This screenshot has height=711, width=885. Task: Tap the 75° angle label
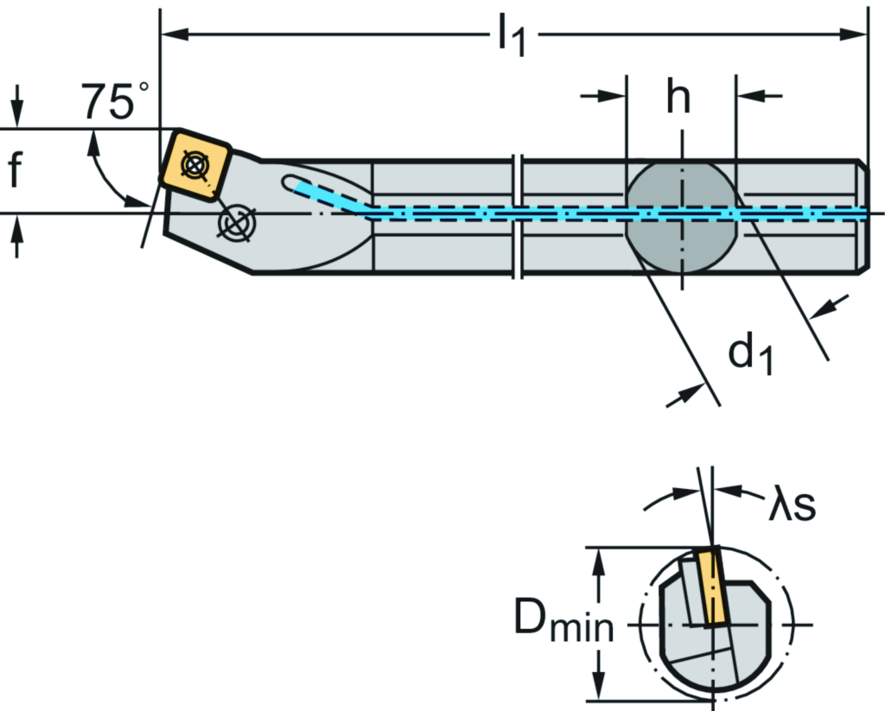click(115, 102)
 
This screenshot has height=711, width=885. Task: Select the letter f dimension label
click(16, 170)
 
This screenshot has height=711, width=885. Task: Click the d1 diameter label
click(748, 353)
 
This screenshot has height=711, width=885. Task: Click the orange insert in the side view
click(195, 164)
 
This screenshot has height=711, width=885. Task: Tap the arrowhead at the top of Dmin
click(596, 557)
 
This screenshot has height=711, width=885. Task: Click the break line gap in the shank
click(518, 216)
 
